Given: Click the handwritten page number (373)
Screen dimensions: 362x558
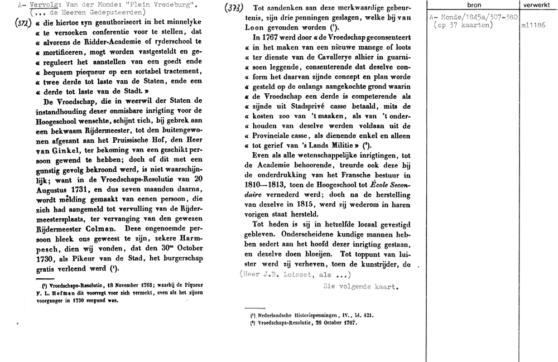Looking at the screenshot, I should click(x=232, y=9).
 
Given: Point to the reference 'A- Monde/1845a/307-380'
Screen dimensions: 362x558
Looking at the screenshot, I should click(x=475, y=17).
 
